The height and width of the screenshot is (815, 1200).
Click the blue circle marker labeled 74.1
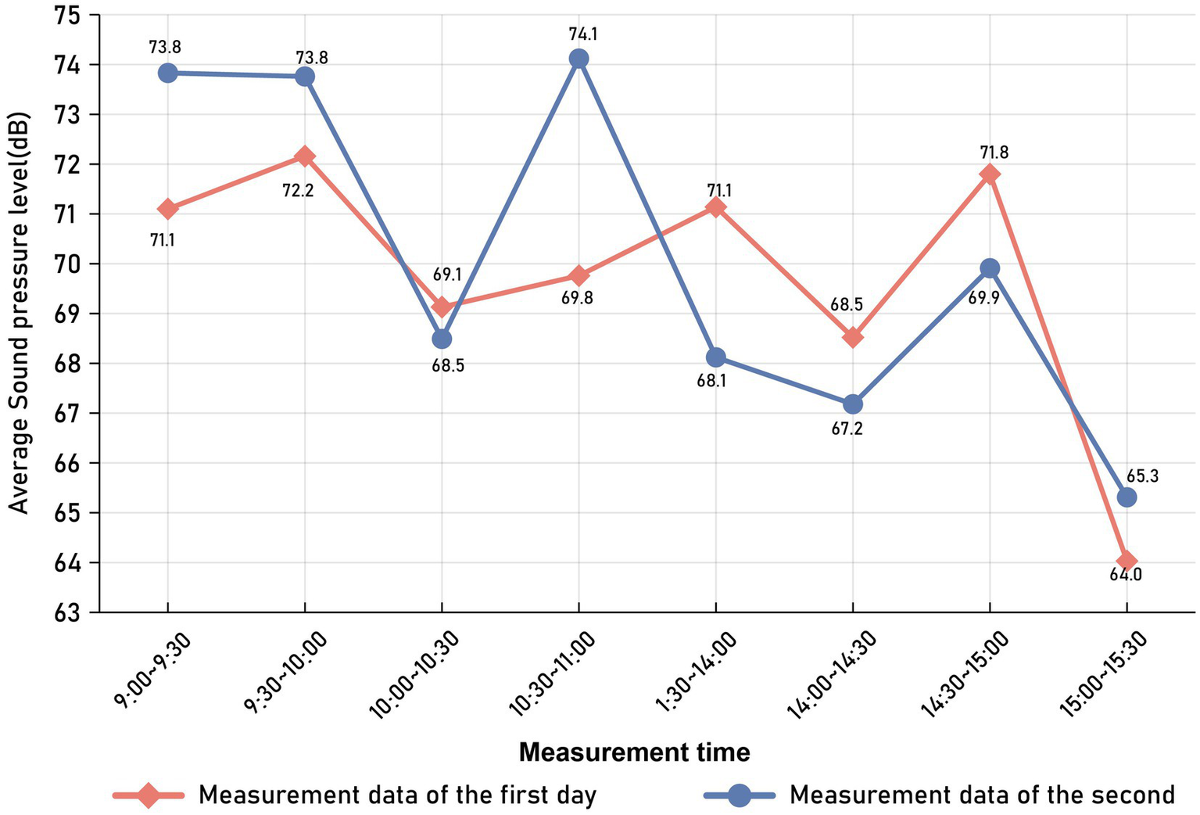(x=579, y=59)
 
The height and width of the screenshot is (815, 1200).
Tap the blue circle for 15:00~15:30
(x=1127, y=497)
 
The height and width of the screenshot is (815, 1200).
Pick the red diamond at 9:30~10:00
(x=305, y=156)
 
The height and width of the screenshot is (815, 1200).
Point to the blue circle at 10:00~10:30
(x=442, y=339)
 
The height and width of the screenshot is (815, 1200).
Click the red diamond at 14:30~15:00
(x=990, y=174)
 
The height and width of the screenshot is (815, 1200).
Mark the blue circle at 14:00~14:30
(x=853, y=404)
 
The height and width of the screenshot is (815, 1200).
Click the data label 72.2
(x=298, y=189)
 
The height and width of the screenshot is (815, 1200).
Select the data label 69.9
(x=983, y=298)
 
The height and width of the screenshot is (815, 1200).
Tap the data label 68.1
(x=711, y=383)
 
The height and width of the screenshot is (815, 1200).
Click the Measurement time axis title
(x=634, y=752)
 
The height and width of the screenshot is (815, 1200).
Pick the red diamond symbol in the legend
(x=149, y=795)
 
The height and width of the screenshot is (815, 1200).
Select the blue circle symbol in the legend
(x=740, y=795)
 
